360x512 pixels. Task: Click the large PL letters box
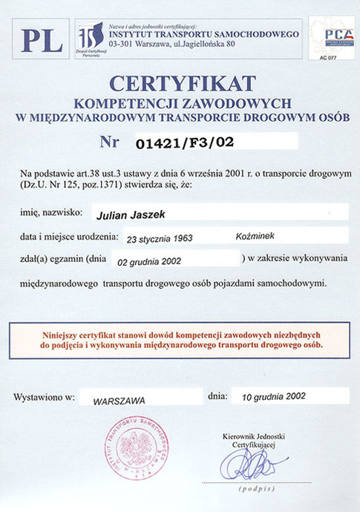42,39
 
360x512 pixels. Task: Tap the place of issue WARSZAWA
119,398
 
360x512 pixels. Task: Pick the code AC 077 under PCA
326,57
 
